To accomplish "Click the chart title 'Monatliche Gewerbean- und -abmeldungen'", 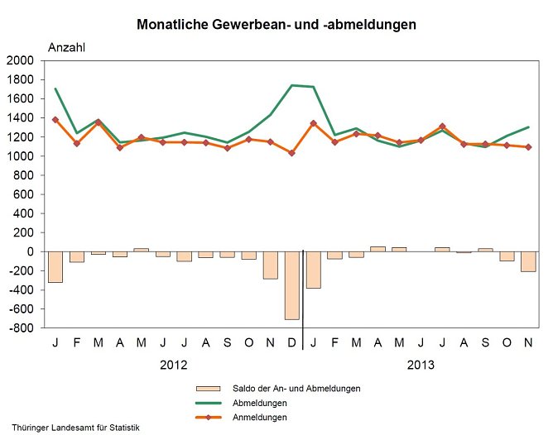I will (276, 25).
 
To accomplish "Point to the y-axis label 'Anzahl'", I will (67, 47).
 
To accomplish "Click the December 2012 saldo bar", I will (291, 285).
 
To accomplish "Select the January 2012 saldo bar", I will (55, 266).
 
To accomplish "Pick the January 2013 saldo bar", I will (313, 270).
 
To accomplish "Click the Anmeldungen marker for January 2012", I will (55, 120).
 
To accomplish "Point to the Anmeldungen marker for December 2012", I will (291, 153).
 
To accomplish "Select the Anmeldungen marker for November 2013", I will (527, 147).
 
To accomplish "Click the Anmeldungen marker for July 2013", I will (442, 127).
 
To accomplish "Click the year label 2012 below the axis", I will (173, 365).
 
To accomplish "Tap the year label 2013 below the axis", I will (421, 365).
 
